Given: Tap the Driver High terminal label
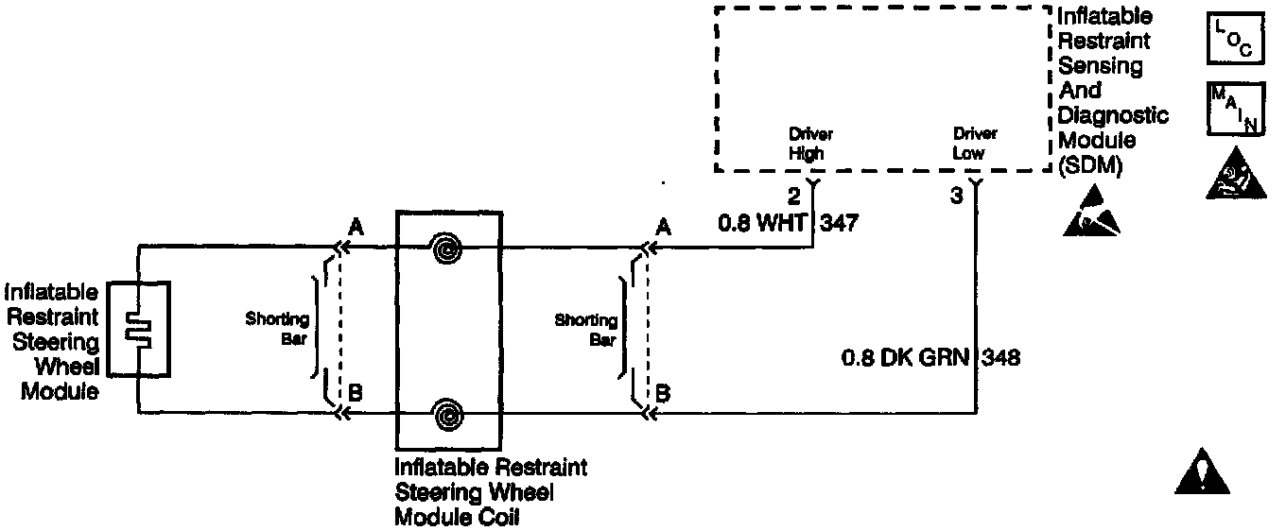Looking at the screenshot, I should (810, 144).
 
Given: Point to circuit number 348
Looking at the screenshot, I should (1001, 359).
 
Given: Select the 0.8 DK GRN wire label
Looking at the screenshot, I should (907, 359).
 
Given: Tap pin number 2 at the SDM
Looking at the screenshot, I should (794, 197).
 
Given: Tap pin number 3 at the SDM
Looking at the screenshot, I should (957, 197).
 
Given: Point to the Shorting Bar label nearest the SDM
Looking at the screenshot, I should (586, 330).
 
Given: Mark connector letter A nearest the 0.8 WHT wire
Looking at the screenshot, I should (663, 227).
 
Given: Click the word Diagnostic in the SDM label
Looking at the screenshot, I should (1113, 114).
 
